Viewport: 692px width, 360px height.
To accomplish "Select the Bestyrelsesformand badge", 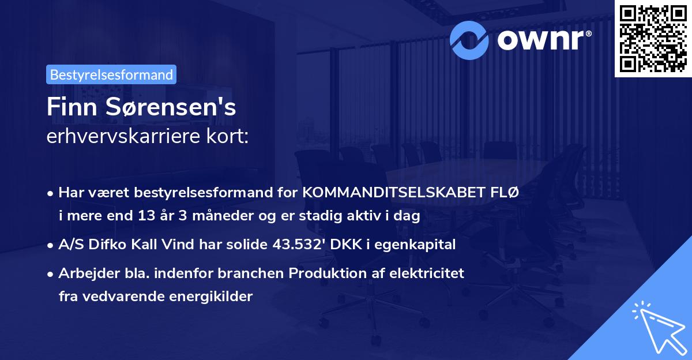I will tap(111, 74).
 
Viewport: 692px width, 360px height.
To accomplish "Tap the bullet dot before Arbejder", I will tap(51, 273).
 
